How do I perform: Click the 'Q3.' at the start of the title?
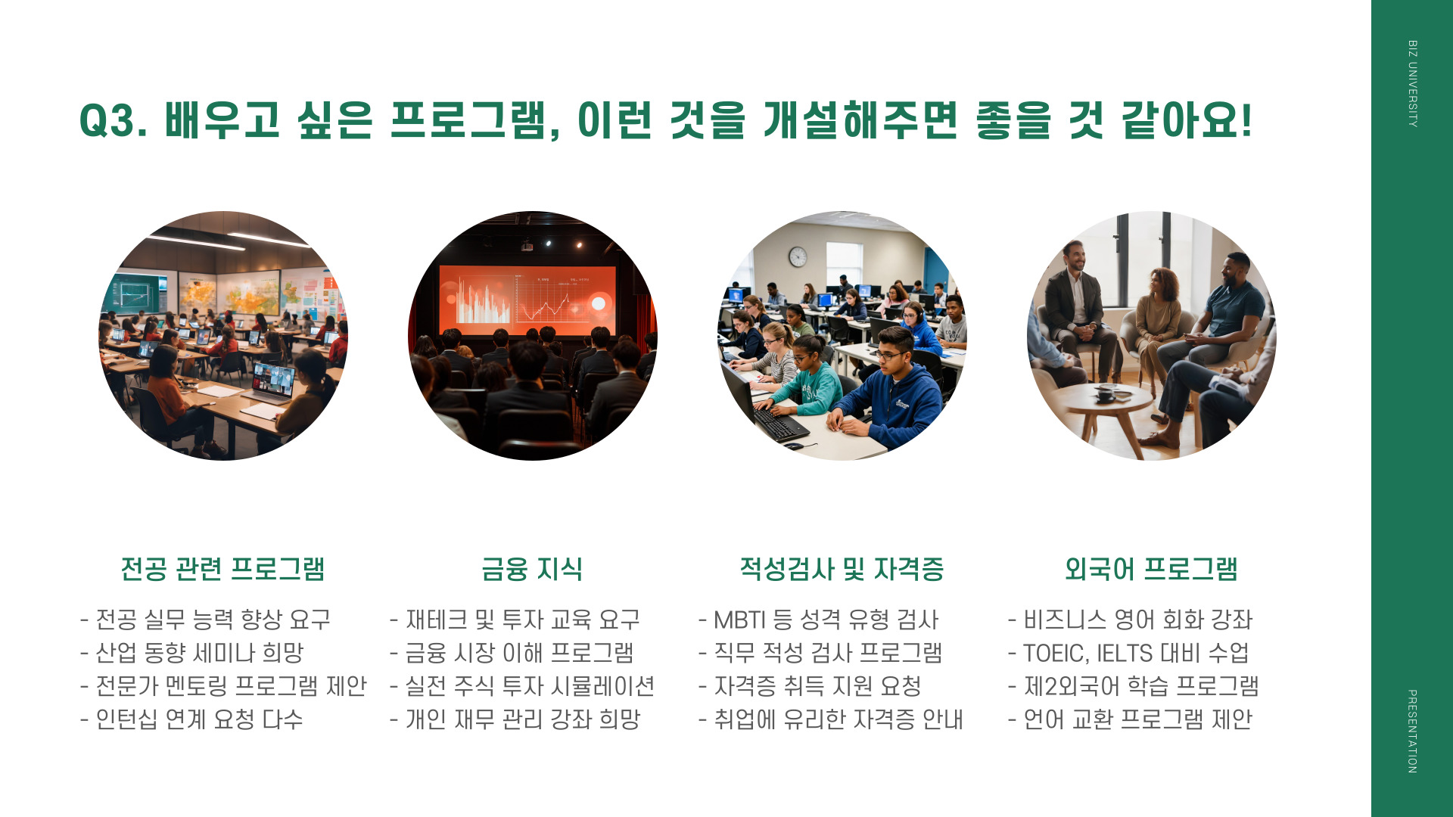[x=114, y=121]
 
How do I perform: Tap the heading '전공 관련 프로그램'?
[x=222, y=569]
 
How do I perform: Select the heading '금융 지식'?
[x=532, y=569]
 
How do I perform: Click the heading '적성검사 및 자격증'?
[x=842, y=569]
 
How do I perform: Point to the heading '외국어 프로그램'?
[x=1151, y=569]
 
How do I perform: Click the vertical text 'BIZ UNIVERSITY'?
[x=1412, y=83]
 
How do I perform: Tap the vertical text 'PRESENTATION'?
[x=1412, y=731]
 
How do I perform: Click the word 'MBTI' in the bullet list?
[x=741, y=620]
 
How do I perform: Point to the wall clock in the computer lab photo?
[x=798, y=256]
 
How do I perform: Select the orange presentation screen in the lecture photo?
[x=528, y=300]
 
